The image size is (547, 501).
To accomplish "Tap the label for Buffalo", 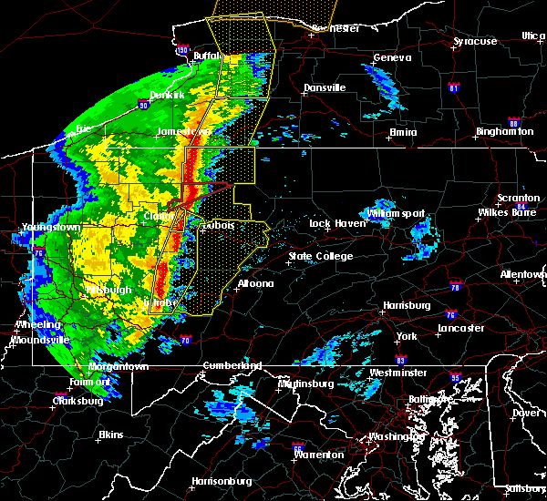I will pyautogui.click(x=208, y=56).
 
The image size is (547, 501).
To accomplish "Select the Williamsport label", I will pyautogui.click(x=395, y=213).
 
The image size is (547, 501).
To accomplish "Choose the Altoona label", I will pyautogui.click(x=255, y=283).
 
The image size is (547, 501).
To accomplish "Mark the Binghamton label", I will pyautogui.click(x=504, y=132).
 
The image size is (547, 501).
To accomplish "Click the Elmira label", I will pyautogui.click(x=403, y=132).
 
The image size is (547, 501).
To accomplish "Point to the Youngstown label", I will pyautogui.click(x=29, y=227).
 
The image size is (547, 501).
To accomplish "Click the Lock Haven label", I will pyautogui.click(x=333, y=223).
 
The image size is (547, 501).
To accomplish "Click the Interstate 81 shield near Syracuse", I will pyautogui.click(x=453, y=88).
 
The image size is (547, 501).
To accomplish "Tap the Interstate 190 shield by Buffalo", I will pyautogui.click(x=181, y=50).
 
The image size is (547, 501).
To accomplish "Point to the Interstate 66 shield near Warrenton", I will pyautogui.click(x=298, y=448).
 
